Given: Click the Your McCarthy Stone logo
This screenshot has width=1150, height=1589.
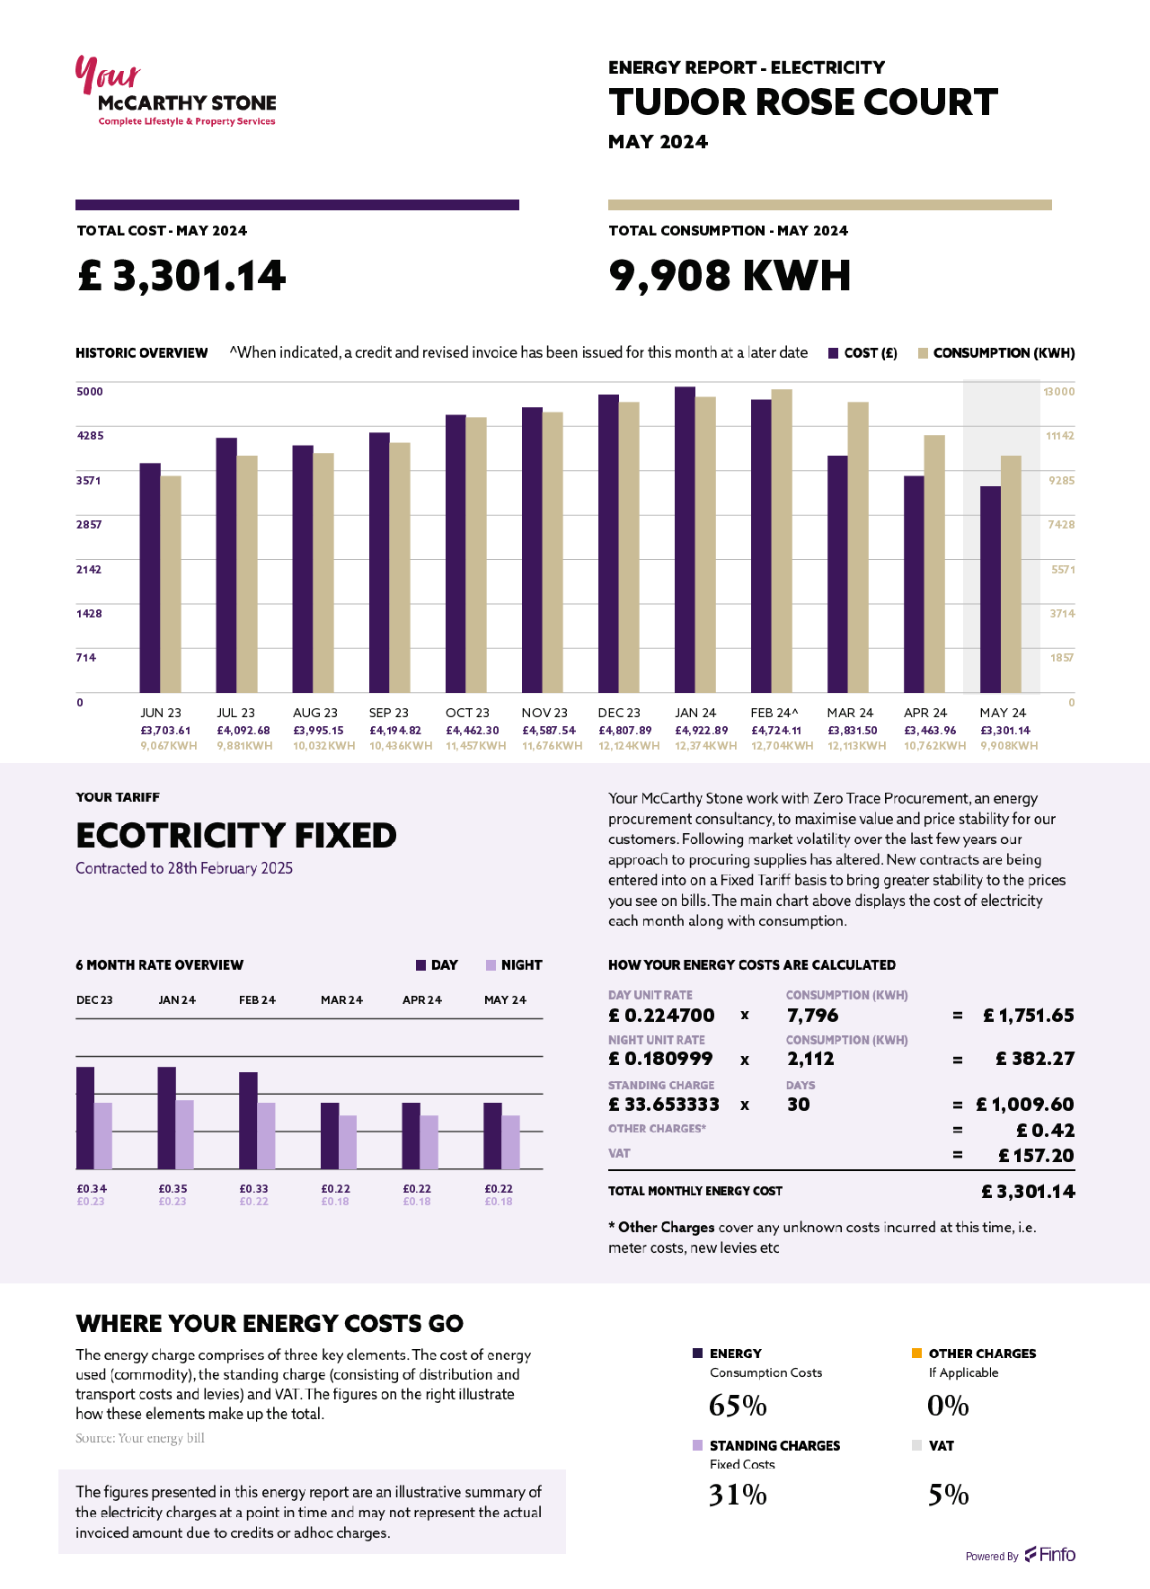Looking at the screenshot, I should pos(175,93).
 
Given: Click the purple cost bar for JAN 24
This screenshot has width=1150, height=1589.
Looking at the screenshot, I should pos(685,539).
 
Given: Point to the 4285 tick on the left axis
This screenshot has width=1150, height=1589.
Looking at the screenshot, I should pos(90,436).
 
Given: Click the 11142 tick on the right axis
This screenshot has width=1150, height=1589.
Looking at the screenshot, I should pos(1060,436).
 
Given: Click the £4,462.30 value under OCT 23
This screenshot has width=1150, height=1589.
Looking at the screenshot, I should pos(472,731).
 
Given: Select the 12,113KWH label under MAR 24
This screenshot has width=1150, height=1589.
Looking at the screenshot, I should pos(856,746).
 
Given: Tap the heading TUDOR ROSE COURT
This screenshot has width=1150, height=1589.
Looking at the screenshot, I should pos(802,102).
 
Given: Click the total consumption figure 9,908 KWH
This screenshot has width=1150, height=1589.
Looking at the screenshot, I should pos(729,276).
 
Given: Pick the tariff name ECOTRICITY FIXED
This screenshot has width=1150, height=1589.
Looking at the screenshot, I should pos(236,836).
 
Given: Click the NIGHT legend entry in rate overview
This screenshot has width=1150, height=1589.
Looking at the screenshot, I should pos(514,965).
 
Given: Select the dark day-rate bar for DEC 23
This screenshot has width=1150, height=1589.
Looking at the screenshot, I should pos(85,1117).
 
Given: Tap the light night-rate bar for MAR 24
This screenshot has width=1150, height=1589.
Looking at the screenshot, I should pos(348,1141).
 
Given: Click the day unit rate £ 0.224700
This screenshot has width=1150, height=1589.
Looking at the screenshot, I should pos(661,1016).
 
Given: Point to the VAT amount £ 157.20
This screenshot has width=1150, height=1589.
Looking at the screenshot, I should pos(1036,1156).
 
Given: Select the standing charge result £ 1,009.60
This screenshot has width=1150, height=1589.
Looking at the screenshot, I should pos(1025,1105).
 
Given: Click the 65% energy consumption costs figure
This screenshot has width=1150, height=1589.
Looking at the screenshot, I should pos(738,1406).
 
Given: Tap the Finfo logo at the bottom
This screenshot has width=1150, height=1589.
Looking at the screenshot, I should pos(1050,1555).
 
